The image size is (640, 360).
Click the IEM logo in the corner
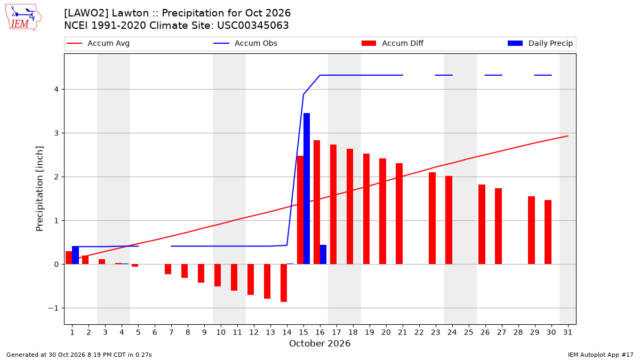[23, 18]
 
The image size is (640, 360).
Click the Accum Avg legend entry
[98, 43]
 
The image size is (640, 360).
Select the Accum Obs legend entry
[245, 43]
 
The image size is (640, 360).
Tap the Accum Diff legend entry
[393, 43]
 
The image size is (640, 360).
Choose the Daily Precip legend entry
[540, 43]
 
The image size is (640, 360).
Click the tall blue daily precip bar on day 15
[307, 189]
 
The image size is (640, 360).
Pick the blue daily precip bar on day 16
[323, 254]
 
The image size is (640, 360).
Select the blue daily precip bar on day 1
[75, 255]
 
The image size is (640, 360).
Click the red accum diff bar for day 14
[284, 283]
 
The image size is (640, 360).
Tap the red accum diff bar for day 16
[317, 202]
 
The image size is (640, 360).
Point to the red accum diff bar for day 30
[548, 232]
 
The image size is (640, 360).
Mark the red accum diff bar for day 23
[433, 218]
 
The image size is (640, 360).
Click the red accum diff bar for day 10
[218, 275]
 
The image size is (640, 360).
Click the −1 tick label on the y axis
[53, 308]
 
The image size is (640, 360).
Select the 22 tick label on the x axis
[419, 332]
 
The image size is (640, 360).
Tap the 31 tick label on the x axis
[567, 332]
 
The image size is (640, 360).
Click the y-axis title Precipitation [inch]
[39, 189]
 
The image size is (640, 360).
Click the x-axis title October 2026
[319, 343]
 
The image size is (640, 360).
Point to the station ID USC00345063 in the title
[253, 26]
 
